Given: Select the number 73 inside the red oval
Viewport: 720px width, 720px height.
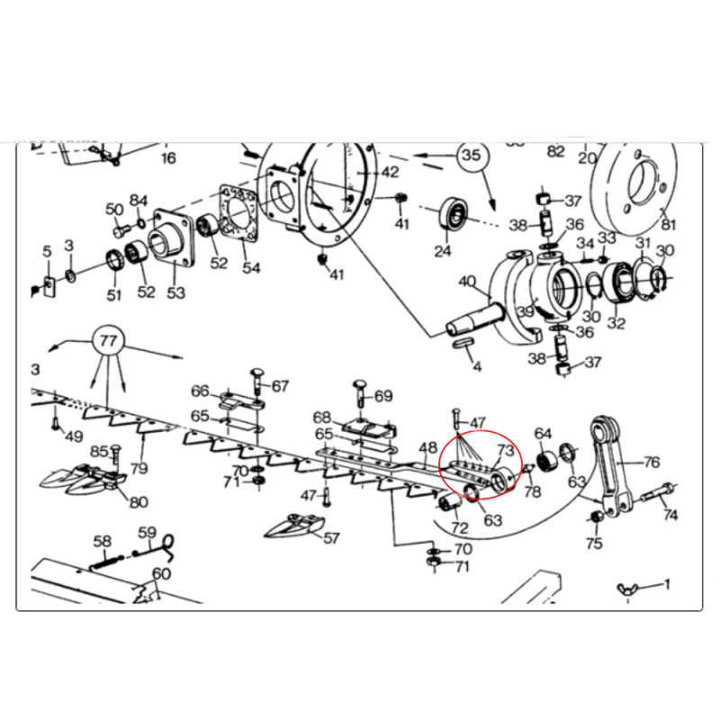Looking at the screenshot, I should coord(505,449).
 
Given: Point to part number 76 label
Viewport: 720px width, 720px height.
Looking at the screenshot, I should coord(652,463).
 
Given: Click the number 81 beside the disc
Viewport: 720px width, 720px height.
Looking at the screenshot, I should coord(668,224).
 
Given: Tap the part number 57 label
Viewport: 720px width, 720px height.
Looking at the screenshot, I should coord(332,539).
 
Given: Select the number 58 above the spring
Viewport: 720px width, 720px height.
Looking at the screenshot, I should coord(103,541).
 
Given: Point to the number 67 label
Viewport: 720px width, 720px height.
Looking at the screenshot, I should coord(280,386).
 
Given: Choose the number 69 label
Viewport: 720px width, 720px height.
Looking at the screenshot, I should coord(383,396).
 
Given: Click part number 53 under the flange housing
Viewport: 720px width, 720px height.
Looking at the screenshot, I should coord(175,292).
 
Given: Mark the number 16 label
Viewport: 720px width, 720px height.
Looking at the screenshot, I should coord(168,158).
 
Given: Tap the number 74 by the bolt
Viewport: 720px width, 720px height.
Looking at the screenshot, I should coord(671,516).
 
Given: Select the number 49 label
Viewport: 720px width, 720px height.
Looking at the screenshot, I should coord(73,437).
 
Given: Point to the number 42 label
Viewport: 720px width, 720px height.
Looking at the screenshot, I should coord(389,172).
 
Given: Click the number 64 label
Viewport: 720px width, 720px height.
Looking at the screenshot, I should coord(543,434).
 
